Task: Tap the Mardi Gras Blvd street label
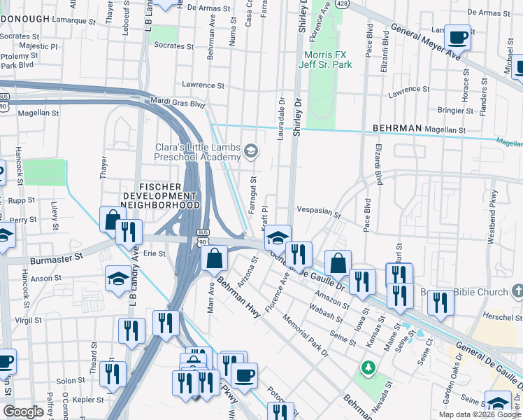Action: point(178,103)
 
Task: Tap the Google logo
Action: point(24,412)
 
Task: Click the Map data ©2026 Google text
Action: point(479,414)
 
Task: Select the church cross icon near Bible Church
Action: point(517,290)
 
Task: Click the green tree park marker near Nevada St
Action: point(368,367)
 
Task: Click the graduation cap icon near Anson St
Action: point(117,279)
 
